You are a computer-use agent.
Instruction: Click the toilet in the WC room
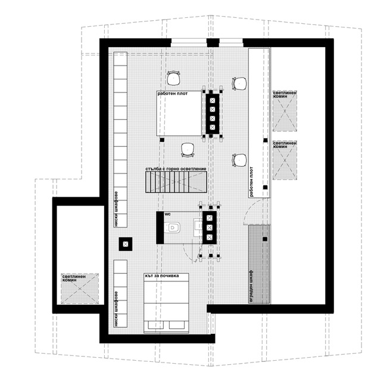(x=172, y=227)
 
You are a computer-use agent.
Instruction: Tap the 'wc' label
(x=167, y=213)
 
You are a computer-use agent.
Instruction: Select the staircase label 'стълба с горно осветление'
(x=176, y=169)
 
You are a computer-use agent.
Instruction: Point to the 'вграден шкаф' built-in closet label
(x=251, y=286)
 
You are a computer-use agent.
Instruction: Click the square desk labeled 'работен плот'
(x=179, y=113)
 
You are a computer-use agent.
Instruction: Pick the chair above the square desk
(x=173, y=78)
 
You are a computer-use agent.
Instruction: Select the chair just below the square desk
(x=188, y=150)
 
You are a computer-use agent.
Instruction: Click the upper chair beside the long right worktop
(x=239, y=83)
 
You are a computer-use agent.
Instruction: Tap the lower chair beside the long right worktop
(x=239, y=160)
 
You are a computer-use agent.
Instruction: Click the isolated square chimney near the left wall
(x=126, y=244)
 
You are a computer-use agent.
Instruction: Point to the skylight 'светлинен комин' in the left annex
(x=80, y=289)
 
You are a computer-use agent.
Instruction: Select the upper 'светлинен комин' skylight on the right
(x=285, y=111)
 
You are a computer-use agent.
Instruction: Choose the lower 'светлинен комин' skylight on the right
(x=285, y=160)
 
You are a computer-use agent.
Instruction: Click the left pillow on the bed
(x=155, y=325)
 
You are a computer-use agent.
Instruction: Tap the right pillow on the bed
(x=177, y=325)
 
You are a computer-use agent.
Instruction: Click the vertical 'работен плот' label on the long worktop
(x=251, y=182)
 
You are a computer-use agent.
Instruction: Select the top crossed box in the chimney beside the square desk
(x=213, y=100)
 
